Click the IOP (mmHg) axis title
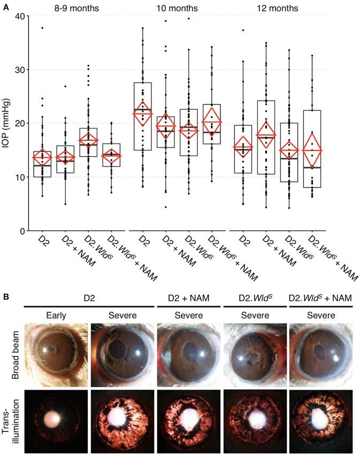point(7,124)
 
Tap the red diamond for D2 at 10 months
point(143,113)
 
